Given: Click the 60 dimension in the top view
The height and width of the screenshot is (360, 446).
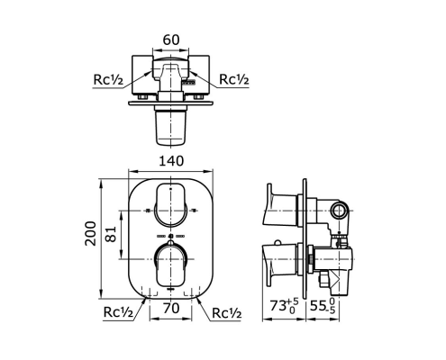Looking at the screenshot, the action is click(x=171, y=40).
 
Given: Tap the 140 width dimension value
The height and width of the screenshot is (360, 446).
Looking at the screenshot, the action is click(x=171, y=161).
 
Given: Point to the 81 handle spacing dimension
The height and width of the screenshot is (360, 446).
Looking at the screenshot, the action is click(x=111, y=234).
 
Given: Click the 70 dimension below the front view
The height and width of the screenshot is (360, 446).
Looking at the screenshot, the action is click(x=171, y=308).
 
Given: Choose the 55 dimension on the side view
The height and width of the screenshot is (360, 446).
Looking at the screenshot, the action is click(x=323, y=306).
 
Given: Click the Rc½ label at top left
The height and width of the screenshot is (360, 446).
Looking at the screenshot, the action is click(x=108, y=80).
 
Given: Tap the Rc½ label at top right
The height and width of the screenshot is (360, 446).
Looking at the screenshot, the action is click(x=234, y=79).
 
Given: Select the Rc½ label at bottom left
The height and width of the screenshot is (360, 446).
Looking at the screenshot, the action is click(x=118, y=312).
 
